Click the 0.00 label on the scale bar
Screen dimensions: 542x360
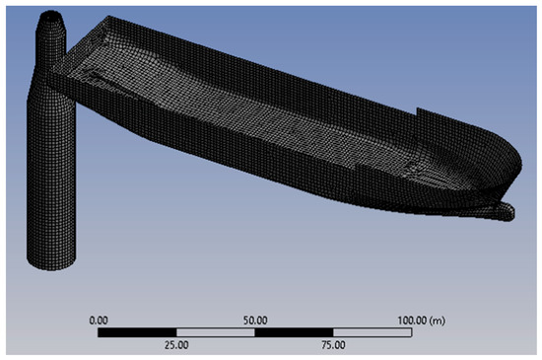point(99,321)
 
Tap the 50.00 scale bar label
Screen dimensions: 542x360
point(255,321)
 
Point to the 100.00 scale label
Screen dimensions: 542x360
point(412,321)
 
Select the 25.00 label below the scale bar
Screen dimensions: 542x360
point(176,345)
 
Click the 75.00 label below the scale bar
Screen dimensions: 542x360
point(333,345)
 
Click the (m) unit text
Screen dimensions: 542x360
point(437,321)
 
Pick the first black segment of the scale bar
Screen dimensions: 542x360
point(137,332)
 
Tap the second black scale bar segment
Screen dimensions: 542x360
point(295,332)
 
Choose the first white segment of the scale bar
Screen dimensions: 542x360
point(216,332)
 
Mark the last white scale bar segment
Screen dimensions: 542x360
point(373,332)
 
